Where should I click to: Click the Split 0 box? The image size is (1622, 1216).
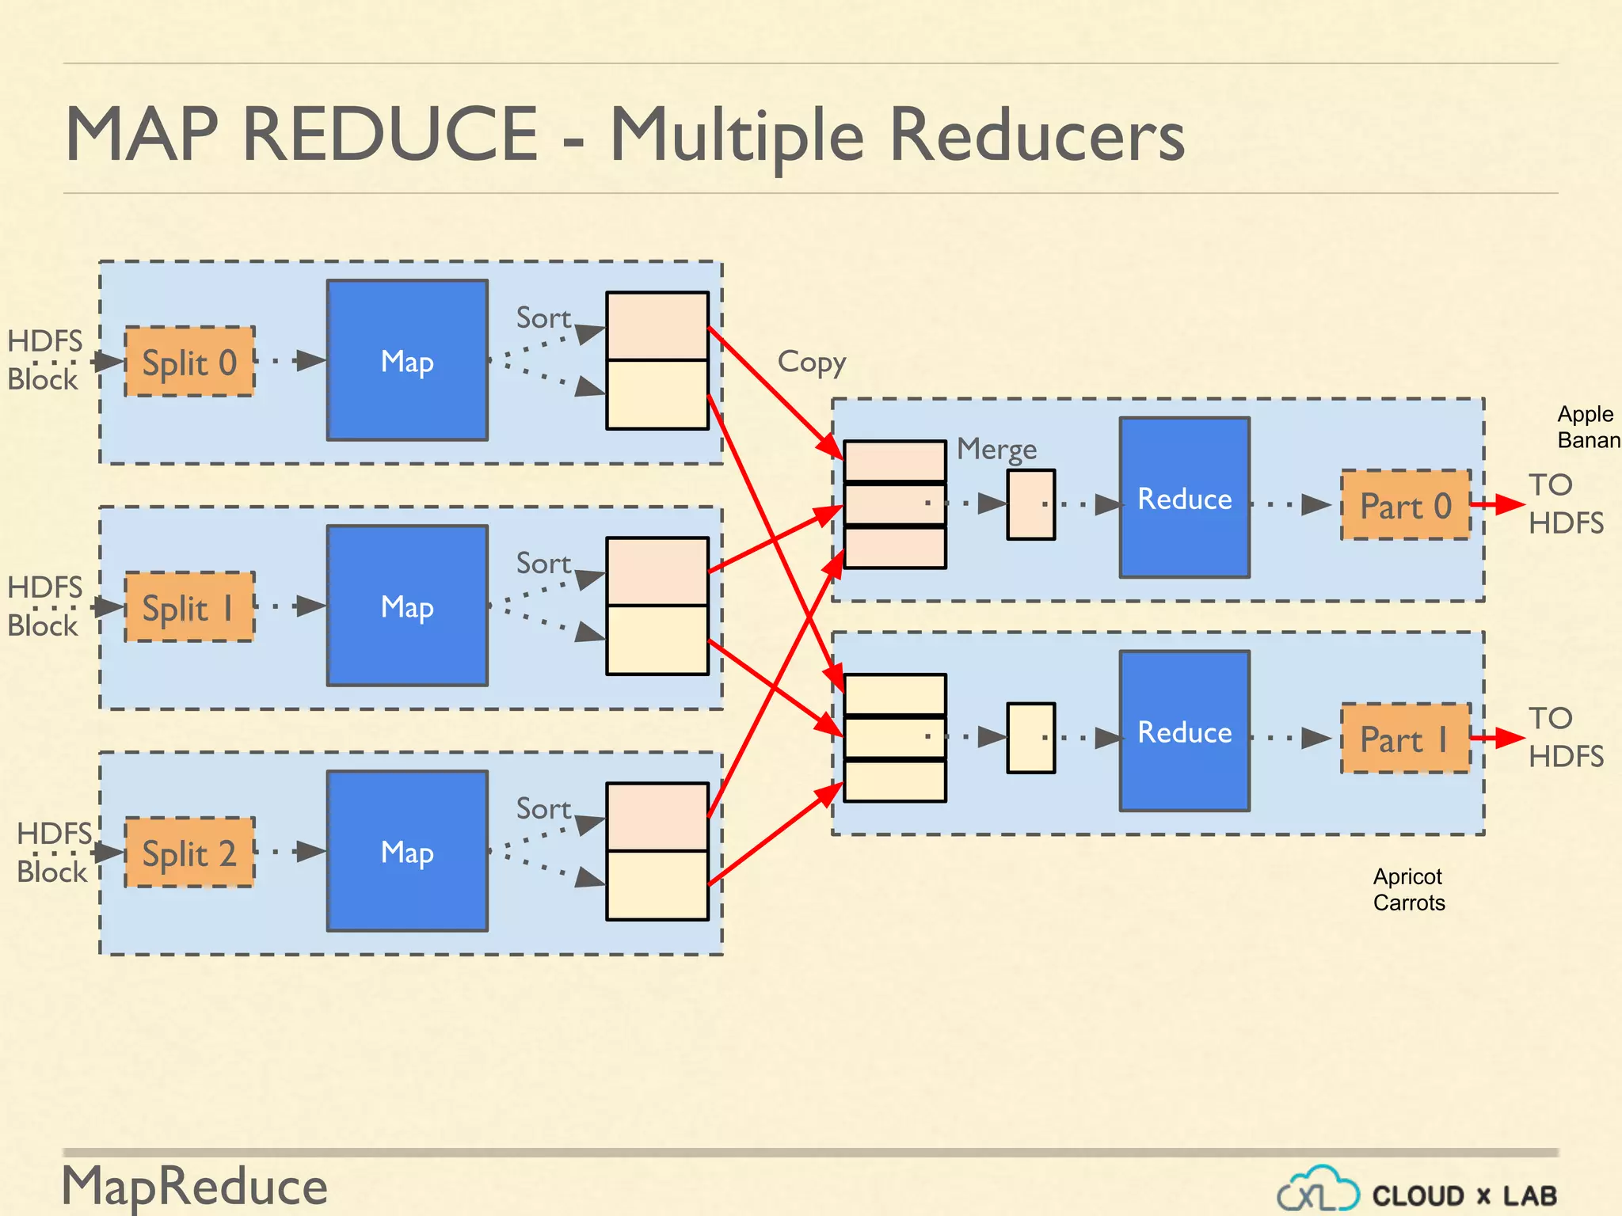tap(189, 362)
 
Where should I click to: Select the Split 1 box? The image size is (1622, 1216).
tap(189, 607)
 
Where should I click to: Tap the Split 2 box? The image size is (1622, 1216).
tap(189, 853)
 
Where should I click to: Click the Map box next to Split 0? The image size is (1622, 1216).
tap(407, 360)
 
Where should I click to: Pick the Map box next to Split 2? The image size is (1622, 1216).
tap(407, 851)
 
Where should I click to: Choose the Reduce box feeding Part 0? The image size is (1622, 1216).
tap(1184, 498)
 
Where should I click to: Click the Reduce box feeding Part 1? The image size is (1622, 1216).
tap(1184, 731)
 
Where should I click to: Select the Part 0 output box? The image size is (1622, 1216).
tap(1405, 505)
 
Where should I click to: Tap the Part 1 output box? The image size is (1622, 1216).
tap(1405, 739)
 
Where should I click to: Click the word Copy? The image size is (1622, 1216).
tap(811, 362)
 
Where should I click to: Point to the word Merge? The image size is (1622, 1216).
tap(996, 449)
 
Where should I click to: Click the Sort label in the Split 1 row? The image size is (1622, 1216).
tap(543, 563)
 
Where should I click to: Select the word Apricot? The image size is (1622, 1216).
tap(1407, 876)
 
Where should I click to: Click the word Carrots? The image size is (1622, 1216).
tap(1409, 902)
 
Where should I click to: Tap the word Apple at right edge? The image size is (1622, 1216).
tap(1585, 414)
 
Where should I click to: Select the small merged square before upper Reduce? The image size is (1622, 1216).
tap(1030, 504)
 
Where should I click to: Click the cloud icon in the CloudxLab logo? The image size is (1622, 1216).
tap(1318, 1189)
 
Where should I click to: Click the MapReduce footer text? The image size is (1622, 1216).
tap(195, 1187)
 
